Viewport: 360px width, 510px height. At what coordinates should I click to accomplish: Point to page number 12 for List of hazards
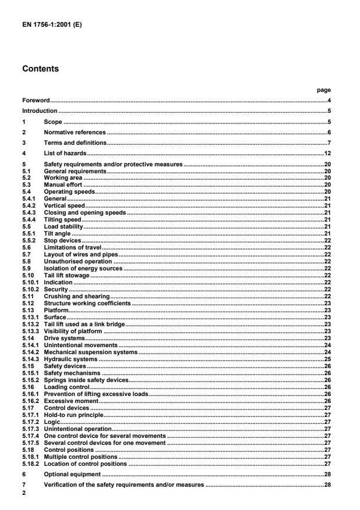(x=327, y=154)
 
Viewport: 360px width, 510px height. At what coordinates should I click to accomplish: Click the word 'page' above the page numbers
(x=326, y=90)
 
